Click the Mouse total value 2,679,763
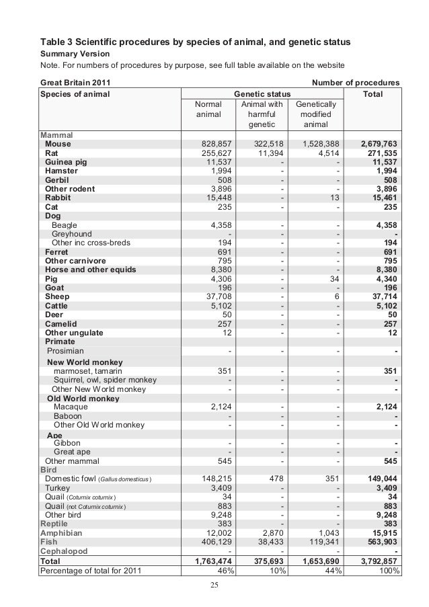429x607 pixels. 379,144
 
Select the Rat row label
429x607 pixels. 52,153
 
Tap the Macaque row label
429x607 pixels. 72,406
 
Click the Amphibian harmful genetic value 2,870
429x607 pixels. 271,532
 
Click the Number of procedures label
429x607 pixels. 356,83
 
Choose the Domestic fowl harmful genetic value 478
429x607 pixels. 275,478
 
